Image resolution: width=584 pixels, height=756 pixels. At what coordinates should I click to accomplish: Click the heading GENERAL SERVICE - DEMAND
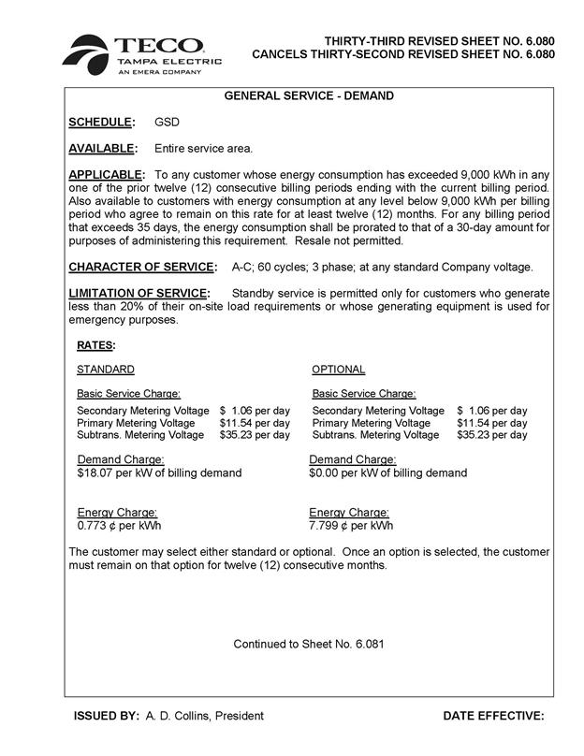coord(309,96)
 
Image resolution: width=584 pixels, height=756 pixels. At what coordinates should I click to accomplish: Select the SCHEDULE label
coord(101,123)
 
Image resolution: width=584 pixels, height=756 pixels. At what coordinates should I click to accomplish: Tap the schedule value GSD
coord(168,123)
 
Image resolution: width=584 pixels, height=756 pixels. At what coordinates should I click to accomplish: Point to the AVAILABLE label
coord(103,149)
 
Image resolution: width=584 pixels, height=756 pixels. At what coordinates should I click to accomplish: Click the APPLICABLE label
coord(107,175)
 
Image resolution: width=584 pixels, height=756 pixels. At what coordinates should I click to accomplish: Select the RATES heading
coord(95,345)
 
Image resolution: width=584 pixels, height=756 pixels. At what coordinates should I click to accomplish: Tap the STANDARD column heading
coord(105,370)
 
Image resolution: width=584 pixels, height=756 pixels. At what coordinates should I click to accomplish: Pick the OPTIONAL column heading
coord(338,370)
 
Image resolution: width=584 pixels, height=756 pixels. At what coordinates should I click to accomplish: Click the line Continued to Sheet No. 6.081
coord(309,644)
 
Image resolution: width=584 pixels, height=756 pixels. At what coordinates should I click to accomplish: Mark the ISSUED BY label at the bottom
coord(106,716)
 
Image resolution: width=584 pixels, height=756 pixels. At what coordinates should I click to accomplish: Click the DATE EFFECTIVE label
coord(493,716)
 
